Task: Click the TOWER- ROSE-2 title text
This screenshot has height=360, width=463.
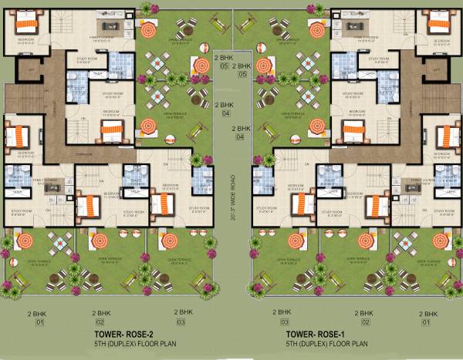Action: (x=127, y=334)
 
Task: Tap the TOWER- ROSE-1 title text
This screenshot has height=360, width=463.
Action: (x=316, y=334)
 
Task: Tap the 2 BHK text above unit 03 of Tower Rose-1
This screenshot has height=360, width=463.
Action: (x=284, y=312)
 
